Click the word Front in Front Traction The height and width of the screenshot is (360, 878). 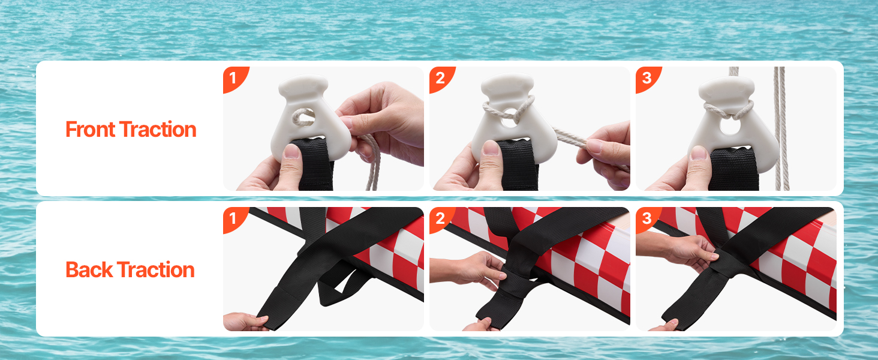tap(90, 130)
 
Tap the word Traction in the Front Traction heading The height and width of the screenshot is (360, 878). tap(158, 130)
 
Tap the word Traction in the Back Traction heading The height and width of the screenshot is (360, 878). tap(155, 270)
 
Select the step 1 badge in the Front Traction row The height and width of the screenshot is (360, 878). tap(234, 78)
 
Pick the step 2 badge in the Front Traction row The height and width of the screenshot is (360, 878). tap(440, 78)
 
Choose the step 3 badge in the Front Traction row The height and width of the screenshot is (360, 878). tap(647, 78)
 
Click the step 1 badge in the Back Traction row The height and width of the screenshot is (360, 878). tap(234, 218)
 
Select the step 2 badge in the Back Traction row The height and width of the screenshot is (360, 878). tap(440, 218)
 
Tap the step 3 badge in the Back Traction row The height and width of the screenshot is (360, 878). tap(647, 218)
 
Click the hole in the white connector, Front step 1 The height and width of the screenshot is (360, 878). tap(303, 117)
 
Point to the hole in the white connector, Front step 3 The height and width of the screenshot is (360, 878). tap(730, 126)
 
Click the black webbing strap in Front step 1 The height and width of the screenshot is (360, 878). tap(315, 164)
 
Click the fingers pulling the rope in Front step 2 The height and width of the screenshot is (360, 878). tap(606, 154)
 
